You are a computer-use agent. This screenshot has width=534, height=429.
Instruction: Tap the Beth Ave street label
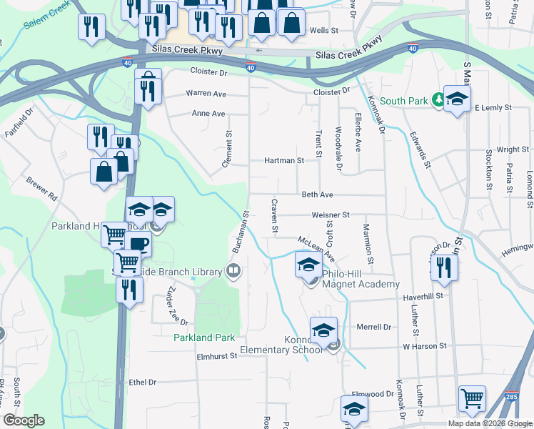pyautogui.click(x=318, y=194)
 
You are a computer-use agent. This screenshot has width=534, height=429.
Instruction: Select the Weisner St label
pyautogui.click(x=331, y=214)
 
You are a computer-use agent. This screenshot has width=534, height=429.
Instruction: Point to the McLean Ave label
pyautogui.click(x=317, y=247)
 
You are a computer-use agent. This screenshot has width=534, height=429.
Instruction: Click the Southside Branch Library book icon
pyautogui.click(x=233, y=270)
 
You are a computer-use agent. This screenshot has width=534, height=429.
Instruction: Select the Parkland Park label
pyautogui.click(x=204, y=337)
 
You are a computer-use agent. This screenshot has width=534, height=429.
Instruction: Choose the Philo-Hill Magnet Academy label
pyautogui.click(x=361, y=279)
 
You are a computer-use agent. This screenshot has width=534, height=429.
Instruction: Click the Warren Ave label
pyautogui.click(x=206, y=94)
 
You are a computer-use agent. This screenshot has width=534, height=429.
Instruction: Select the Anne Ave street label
pyautogui.click(x=208, y=114)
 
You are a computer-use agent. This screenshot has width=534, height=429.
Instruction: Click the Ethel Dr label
pyautogui.click(x=143, y=383)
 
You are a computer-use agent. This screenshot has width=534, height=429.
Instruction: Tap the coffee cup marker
pyautogui.click(x=138, y=244)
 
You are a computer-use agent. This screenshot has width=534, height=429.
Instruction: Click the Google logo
pyautogui.click(x=24, y=420)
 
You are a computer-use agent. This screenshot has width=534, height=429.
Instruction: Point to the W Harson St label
pyautogui.click(x=424, y=346)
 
